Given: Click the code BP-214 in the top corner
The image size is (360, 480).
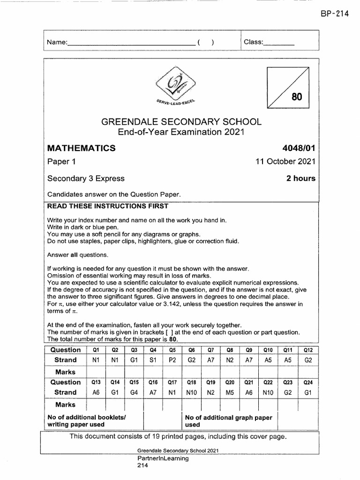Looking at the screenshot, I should [335, 14].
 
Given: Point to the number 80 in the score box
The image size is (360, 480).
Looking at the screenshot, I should [297, 97].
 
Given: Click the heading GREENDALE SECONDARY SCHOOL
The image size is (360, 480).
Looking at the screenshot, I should [181, 122].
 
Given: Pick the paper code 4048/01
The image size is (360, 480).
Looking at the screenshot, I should [298, 148].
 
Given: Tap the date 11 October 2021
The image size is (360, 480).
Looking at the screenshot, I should [285, 162].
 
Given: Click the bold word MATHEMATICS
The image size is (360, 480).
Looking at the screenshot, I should [82, 148].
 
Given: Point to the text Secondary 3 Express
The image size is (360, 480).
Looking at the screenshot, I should [86, 178].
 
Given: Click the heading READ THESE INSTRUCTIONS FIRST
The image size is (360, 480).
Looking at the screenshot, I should [108, 206].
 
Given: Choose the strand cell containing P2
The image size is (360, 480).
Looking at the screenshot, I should [172, 360].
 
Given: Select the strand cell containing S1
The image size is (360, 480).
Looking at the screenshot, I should [153, 360].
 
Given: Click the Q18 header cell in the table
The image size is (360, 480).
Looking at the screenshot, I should [191, 382].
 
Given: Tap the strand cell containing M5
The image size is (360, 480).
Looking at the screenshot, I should [230, 392].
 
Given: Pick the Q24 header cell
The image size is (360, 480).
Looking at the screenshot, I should [307, 382].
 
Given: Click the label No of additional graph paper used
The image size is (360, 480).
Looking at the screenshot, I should [228, 420].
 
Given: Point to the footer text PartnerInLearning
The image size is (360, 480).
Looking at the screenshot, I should [163, 458].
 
